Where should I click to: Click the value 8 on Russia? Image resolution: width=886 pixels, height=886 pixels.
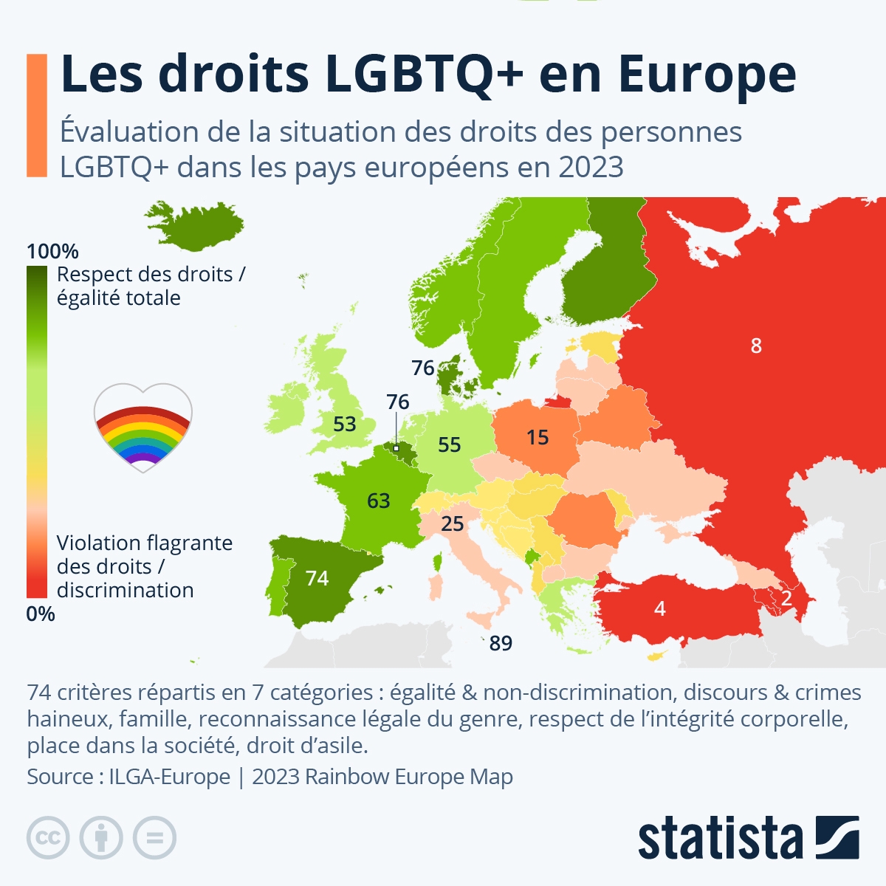coord(755,346)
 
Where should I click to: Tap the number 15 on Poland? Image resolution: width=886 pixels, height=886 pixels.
coord(538,437)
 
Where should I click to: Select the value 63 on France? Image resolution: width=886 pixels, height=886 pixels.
coord(378,501)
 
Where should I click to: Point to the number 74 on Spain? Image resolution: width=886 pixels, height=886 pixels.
coord(317,578)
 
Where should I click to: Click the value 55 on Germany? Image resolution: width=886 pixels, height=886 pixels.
coord(449,444)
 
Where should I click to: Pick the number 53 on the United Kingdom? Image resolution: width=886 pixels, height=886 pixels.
coord(344,425)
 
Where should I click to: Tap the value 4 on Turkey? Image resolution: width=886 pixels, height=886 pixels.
coord(659,608)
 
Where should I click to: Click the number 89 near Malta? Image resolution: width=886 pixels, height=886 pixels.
coord(501,644)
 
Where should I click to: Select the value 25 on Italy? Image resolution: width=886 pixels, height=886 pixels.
coord(452,524)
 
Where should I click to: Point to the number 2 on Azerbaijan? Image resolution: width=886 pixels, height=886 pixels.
coord(786,597)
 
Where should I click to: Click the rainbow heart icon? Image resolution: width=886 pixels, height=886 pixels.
coord(143,427)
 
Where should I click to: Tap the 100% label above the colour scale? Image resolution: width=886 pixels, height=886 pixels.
coord(52,251)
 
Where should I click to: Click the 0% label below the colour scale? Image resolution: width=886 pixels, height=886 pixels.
coord(41,614)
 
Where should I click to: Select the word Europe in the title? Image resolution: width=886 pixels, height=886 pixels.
coord(707,75)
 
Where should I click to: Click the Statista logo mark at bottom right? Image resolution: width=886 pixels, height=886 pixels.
coord(837,837)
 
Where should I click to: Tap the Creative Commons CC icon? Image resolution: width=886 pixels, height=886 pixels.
coord(48,838)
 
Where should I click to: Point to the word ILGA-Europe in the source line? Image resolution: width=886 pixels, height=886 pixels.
coord(170,777)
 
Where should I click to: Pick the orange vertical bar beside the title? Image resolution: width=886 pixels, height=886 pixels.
coord(36,115)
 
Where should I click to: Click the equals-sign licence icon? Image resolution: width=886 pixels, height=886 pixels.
coord(155,838)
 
